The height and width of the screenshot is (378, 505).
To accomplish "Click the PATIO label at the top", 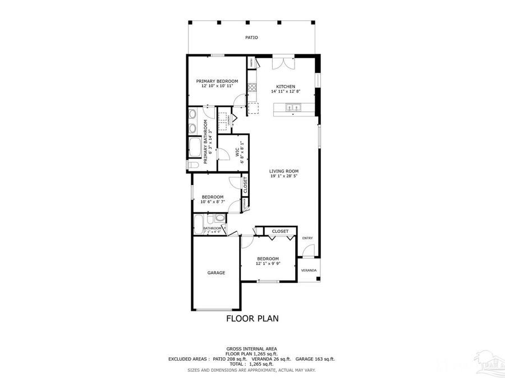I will click(x=251, y=38).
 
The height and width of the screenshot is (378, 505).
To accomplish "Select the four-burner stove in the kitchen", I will click(x=252, y=87).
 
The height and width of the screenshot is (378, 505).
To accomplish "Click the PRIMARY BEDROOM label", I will click(x=217, y=81).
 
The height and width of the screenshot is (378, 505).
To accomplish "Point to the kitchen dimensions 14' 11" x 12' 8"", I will click(x=286, y=92).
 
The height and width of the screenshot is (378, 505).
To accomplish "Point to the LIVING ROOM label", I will click(x=283, y=171).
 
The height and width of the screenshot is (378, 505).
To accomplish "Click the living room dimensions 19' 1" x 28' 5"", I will click(x=283, y=176).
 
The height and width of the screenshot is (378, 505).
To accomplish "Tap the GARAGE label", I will click(x=216, y=273).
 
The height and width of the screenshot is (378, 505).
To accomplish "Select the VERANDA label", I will click(x=309, y=270).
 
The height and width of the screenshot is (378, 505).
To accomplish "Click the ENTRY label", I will click(x=307, y=238).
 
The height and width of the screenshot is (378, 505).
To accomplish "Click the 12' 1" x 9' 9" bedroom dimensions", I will click(x=268, y=263).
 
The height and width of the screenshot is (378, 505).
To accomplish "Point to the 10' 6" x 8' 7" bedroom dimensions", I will click(x=213, y=202).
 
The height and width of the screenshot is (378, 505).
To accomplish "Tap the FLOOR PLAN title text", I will click(x=252, y=319).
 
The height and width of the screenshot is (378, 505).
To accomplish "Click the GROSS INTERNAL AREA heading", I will click(x=252, y=348).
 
